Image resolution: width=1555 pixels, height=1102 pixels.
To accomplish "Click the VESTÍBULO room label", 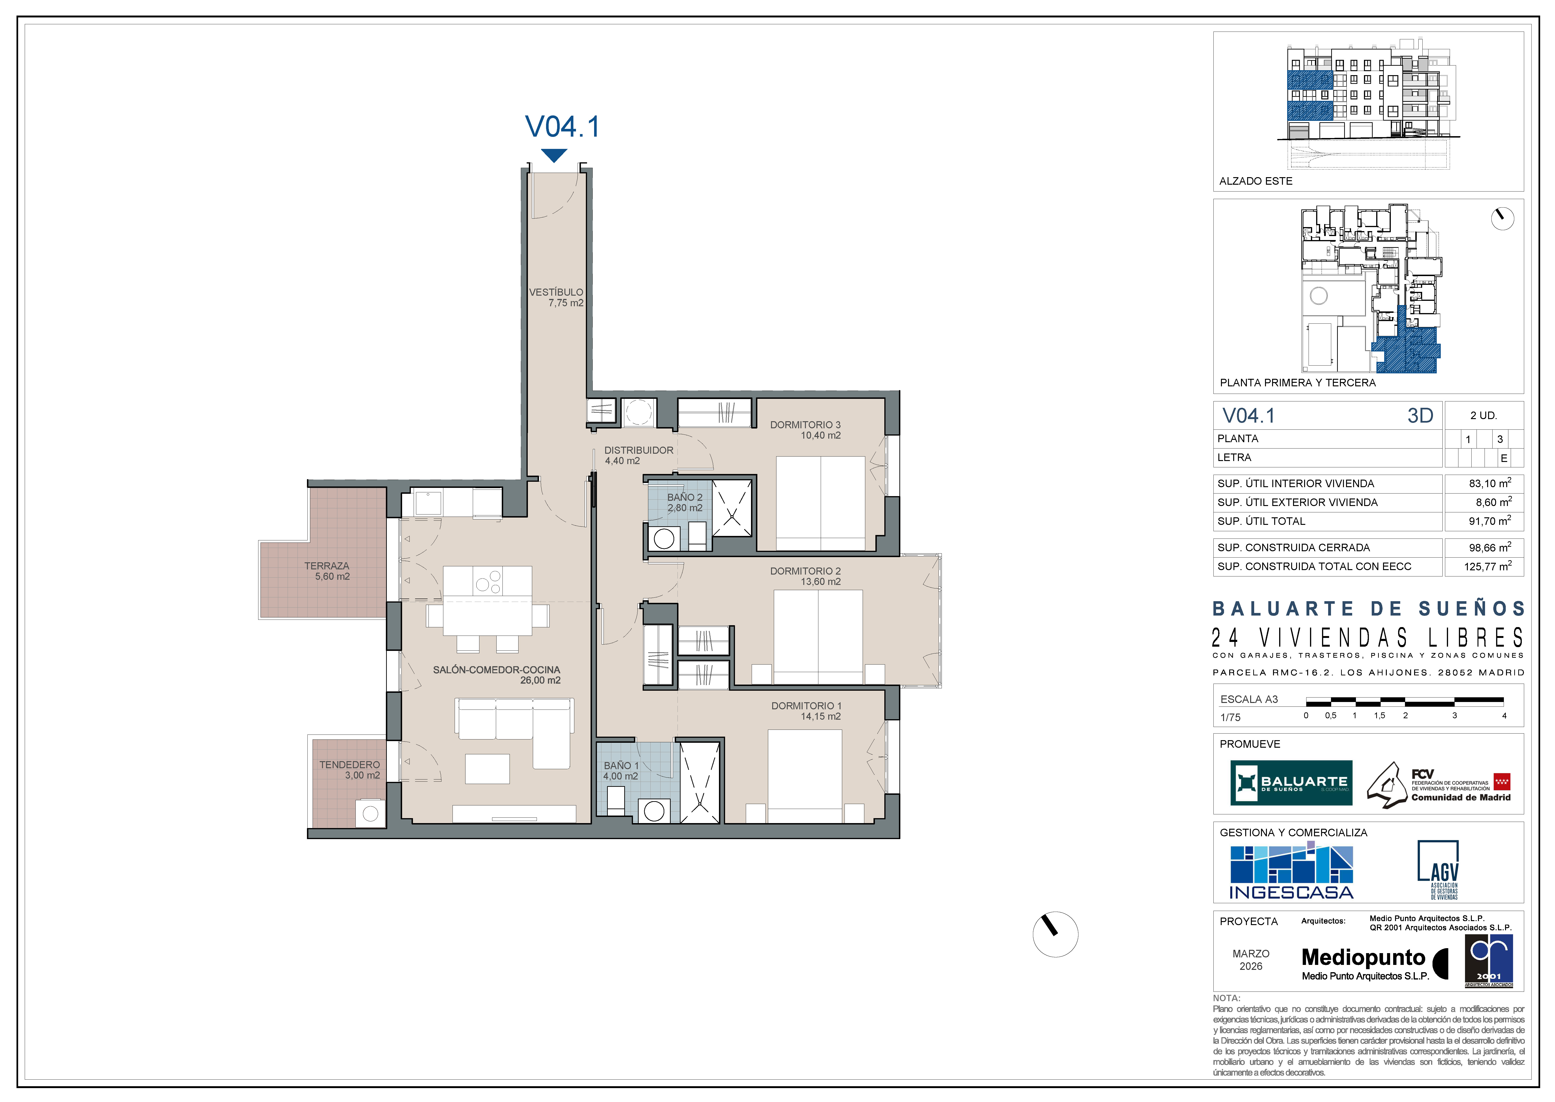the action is (x=556, y=293).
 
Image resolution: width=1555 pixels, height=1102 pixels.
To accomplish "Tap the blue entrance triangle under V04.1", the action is (x=554, y=155).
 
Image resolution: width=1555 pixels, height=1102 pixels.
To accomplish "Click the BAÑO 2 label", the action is (x=685, y=497).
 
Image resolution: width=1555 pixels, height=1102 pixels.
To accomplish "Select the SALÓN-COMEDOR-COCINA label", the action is (x=497, y=670).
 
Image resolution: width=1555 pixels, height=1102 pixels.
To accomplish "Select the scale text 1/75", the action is (x=1230, y=717).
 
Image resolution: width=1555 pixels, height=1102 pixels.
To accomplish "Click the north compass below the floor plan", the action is (x=1055, y=935).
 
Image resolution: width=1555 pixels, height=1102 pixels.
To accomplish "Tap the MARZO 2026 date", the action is (x=1250, y=960).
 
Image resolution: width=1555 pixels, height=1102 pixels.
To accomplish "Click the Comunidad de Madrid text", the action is (x=1461, y=797).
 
